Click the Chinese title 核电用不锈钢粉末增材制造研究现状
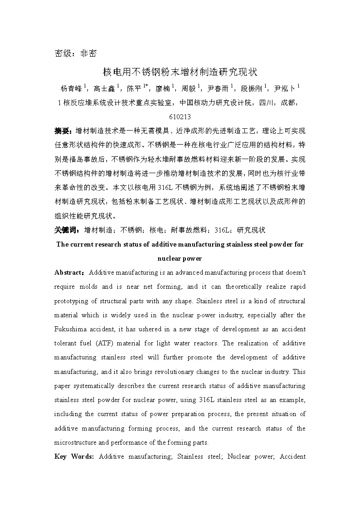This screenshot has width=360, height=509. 180,72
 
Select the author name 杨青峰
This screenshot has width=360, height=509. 71,88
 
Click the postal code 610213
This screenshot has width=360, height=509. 180,116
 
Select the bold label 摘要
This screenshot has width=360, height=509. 63,131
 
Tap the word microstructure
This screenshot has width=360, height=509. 76,442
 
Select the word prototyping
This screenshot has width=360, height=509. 73,301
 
